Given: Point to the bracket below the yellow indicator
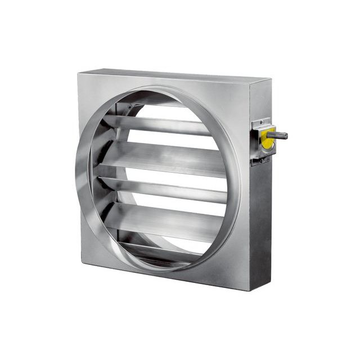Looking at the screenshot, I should [x=260, y=160].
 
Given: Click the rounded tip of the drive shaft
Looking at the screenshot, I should [x=286, y=136].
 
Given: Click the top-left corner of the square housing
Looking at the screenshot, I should [x=80, y=74].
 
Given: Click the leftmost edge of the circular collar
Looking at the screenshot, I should [x=74, y=174].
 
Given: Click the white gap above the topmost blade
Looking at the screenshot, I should [x=169, y=112].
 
